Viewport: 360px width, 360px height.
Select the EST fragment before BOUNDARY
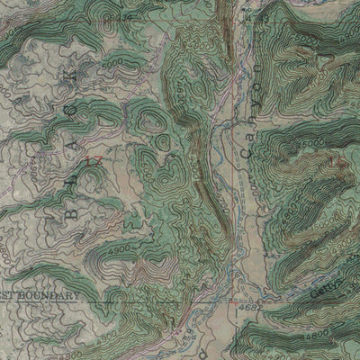coord(8,294)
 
